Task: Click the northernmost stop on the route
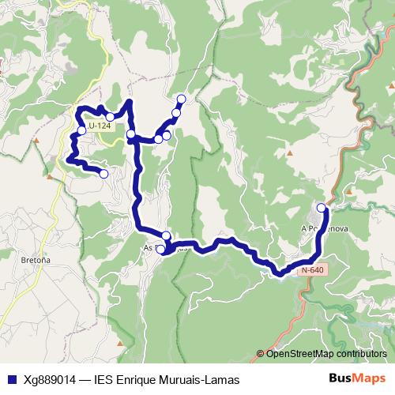[182, 99]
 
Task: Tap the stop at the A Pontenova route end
[322, 208]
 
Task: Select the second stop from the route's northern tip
[176, 113]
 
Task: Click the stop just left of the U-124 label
[81, 130]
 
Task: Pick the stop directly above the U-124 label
[110, 117]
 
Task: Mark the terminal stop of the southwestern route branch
[103, 173]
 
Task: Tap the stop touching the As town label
[161, 250]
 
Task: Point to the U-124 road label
[100, 126]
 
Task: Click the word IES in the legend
[103, 378]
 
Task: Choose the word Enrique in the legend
[139, 378]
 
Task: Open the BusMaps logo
[357, 378]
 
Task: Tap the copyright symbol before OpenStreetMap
[261, 354]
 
